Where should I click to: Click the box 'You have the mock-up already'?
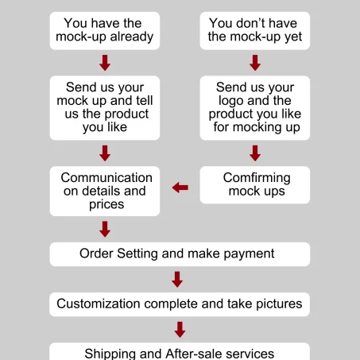pyautogui.click(x=105, y=31)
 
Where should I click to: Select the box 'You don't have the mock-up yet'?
pyautogui.click(x=255, y=31)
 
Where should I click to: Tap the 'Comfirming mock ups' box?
pyautogui.click(x=255, y=185)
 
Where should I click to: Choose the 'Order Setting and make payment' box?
pyautogui.click(x=180, y=254)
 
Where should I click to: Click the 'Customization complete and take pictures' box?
pyautogui.click(x=180, y=304)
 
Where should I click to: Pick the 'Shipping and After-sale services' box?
pyautogui.click(x=180, y=351)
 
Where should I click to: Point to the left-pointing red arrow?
pyautogui.click(x=180, y=188)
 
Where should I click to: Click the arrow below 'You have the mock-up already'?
pyautogui.click(x=105, y=63)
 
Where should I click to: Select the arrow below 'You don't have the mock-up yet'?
pyautogui.click(x=255, y=63)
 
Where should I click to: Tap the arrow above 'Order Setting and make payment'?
pyautogui.click(x=105, y=229)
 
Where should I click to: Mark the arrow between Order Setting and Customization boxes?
pyautogui.click(x=177, y=279)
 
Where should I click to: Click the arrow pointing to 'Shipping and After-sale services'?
pyautogui.click(x=180, y=330)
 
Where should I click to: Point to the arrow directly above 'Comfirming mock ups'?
pyautogui.click(x=255, y=153)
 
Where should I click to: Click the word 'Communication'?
pyautogui.click(x=106, y=177)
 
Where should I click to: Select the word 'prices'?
pyautogui.click(x=106, y=205)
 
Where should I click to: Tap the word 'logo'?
pyautogui.click(x=230, y=101)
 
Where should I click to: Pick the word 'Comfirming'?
pyautogui.click(x=257, y=178)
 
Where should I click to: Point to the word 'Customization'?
pyautogui.click(x=99, y=304)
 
